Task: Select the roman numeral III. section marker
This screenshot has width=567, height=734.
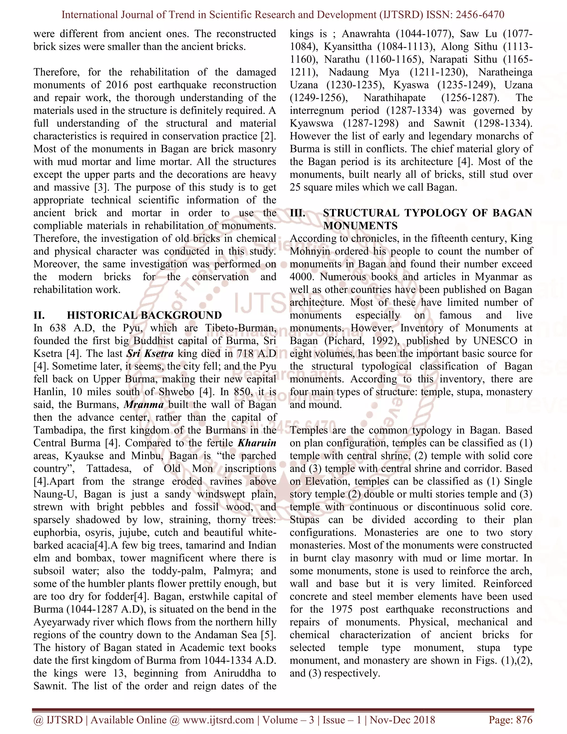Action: click(298, 213)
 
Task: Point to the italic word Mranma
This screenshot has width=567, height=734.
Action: click(144, 404)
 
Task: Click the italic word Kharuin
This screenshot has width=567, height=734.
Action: click(257, 443)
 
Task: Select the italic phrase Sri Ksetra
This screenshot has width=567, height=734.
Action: click(150, 353)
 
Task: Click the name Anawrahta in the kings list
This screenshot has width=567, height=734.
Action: click(366, 34)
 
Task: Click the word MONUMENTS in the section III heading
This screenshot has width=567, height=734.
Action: click(360, 225)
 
